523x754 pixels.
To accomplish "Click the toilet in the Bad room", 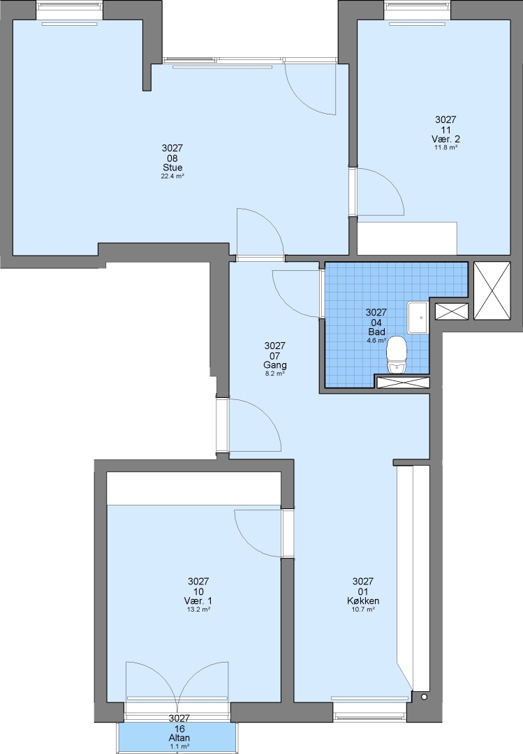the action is tap(397, 355).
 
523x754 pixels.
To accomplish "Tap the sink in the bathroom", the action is tap(418, 318).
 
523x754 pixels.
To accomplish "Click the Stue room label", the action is tap(172, 168).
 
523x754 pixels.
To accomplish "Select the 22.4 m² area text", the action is tap(172, 177).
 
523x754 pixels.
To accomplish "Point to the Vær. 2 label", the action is tap(445, 140).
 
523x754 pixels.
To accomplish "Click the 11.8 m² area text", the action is tap(445, 147).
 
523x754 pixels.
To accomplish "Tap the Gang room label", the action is tap(274, 365).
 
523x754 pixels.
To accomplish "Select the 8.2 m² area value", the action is tap(275, 373).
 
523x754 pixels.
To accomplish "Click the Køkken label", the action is tap(363, 601).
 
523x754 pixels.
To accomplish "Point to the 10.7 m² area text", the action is tap(363, 609).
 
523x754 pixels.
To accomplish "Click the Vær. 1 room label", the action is tap(198, 601).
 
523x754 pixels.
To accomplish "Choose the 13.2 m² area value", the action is tap(198, 609).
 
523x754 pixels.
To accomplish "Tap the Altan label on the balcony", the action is tap(179, 738).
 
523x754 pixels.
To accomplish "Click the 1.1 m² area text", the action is tap(179, 746).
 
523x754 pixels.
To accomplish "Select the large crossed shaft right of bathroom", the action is tap(492, 290).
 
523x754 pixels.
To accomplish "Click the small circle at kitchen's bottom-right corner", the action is tap(424, 696).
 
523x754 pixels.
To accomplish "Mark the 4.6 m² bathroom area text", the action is tap(376, 341).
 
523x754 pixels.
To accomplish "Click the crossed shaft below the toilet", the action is tap(403, 383).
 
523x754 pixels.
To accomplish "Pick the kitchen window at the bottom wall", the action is tap(369, 709).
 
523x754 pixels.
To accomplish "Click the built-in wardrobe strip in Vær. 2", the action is tap(406, 238).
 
